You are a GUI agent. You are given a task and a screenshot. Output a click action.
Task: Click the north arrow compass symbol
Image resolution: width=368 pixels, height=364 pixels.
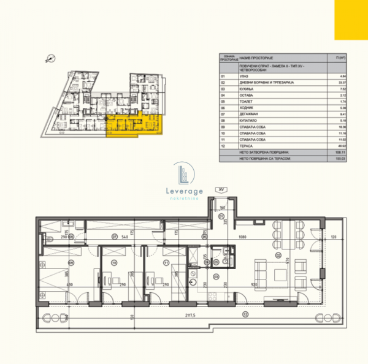[x=49, y=58]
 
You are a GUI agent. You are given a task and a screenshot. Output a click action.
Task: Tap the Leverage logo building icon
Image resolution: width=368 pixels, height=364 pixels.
[x=183, y=174]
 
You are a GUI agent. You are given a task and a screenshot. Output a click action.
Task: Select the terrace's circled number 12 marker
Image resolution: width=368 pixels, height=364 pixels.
[x=244, y=314]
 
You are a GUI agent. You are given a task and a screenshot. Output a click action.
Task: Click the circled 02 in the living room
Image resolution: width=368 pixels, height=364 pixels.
[x=277, y=255]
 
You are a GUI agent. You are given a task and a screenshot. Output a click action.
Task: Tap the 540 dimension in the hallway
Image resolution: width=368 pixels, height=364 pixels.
[x=125, y=236]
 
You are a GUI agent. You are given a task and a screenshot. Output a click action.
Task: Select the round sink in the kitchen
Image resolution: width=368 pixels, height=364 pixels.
[x=193, y=282]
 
